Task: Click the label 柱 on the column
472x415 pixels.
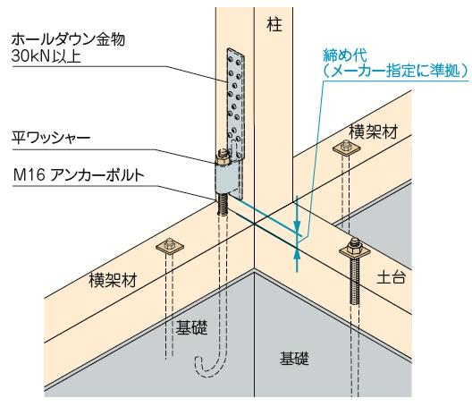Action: point(274,25)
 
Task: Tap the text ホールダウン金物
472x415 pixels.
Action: point(68,39)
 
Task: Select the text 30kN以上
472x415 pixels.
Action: point(46,56)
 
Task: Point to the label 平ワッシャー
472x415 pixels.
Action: point(51,138)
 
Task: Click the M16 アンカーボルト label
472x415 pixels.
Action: point(79,175)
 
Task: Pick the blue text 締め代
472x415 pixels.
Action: point(345,55)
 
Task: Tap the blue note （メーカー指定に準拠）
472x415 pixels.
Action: point(396,72)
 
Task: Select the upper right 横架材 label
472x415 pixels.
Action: point(374,131)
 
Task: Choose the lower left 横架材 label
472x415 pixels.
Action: point(113,280)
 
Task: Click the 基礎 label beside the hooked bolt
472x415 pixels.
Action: point(191,327)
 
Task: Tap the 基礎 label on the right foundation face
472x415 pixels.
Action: point(294,358)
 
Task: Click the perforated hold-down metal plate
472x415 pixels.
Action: point(235,105)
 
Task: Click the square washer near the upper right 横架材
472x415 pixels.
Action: point(347,148)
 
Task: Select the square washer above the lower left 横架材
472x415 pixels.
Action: point(170,246)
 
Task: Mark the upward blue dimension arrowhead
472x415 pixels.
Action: point(297,253)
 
